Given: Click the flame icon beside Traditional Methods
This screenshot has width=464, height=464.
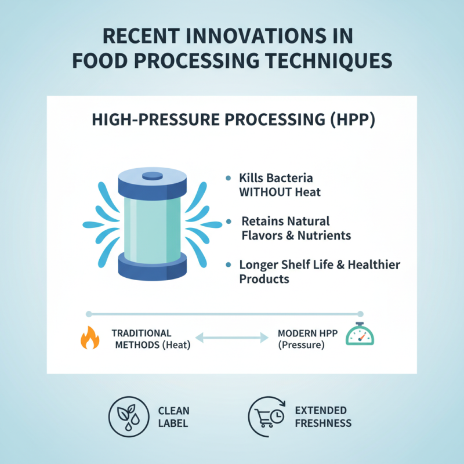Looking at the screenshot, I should tap(89, 338).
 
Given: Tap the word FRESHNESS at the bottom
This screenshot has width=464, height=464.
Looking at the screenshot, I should tap(323, 423).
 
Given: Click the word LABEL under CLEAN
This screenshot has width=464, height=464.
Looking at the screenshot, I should tap(173, 423).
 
